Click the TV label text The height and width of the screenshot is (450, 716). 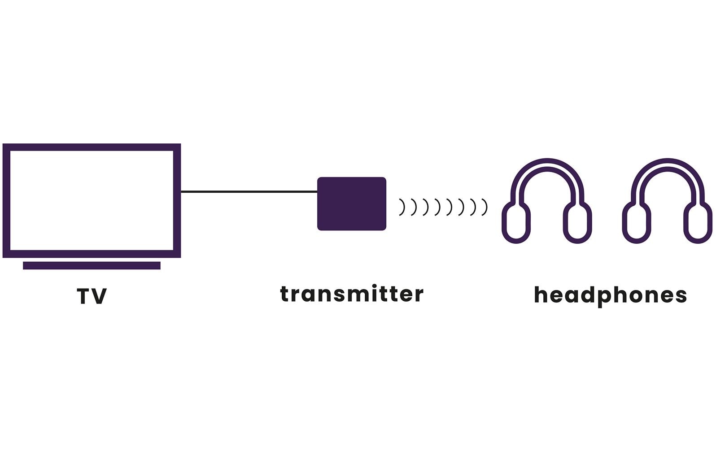coord(92,296)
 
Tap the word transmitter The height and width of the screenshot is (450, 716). coord(352,294)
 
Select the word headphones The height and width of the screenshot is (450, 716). coord(610,295)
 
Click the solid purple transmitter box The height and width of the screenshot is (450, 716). coord(352,204)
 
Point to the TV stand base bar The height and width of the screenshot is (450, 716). coord(92,265)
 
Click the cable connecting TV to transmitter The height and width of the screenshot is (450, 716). coord(249,192)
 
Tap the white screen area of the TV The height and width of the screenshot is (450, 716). coord(92,200)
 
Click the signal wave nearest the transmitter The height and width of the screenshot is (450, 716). coord(402,207)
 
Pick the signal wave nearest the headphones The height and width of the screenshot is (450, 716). coord(485,207)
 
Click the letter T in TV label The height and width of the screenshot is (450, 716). coord(84,296)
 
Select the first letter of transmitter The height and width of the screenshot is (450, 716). coord(284,294)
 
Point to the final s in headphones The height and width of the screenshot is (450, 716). coord(681,296)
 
